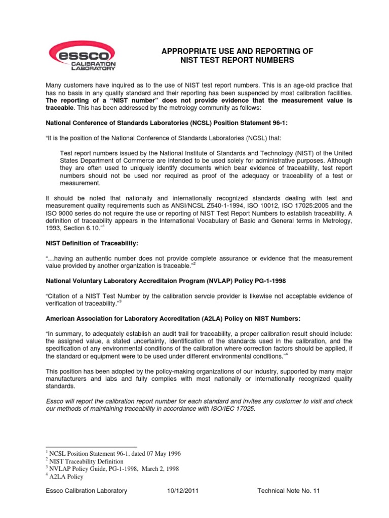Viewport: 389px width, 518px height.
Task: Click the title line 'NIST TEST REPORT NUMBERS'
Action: pyautogui.click(x=237, y=61)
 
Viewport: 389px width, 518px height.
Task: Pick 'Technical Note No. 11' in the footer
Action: pyautogui.click(x=289, y=491)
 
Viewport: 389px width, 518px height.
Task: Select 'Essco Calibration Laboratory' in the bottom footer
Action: pyautogui.click(x=86, y=491)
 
